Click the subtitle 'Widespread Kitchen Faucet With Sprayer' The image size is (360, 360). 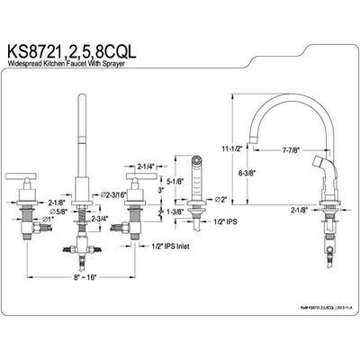tap(99, 69)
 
